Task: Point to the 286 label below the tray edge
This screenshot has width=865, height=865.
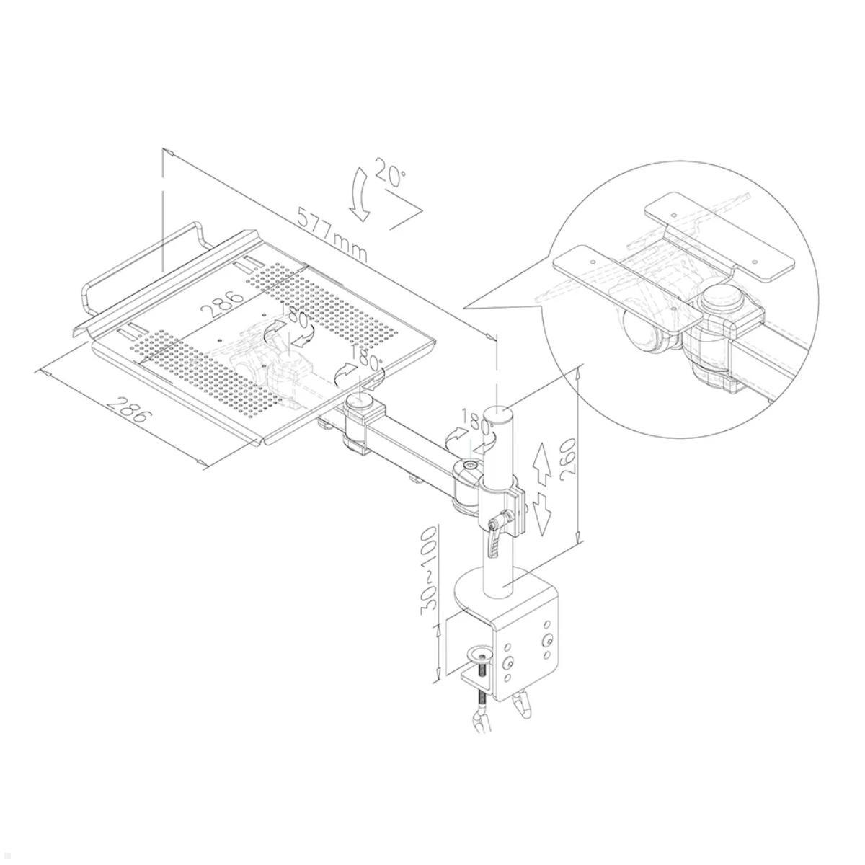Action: [130, 408]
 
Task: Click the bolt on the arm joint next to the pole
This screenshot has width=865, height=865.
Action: [470, 468]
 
